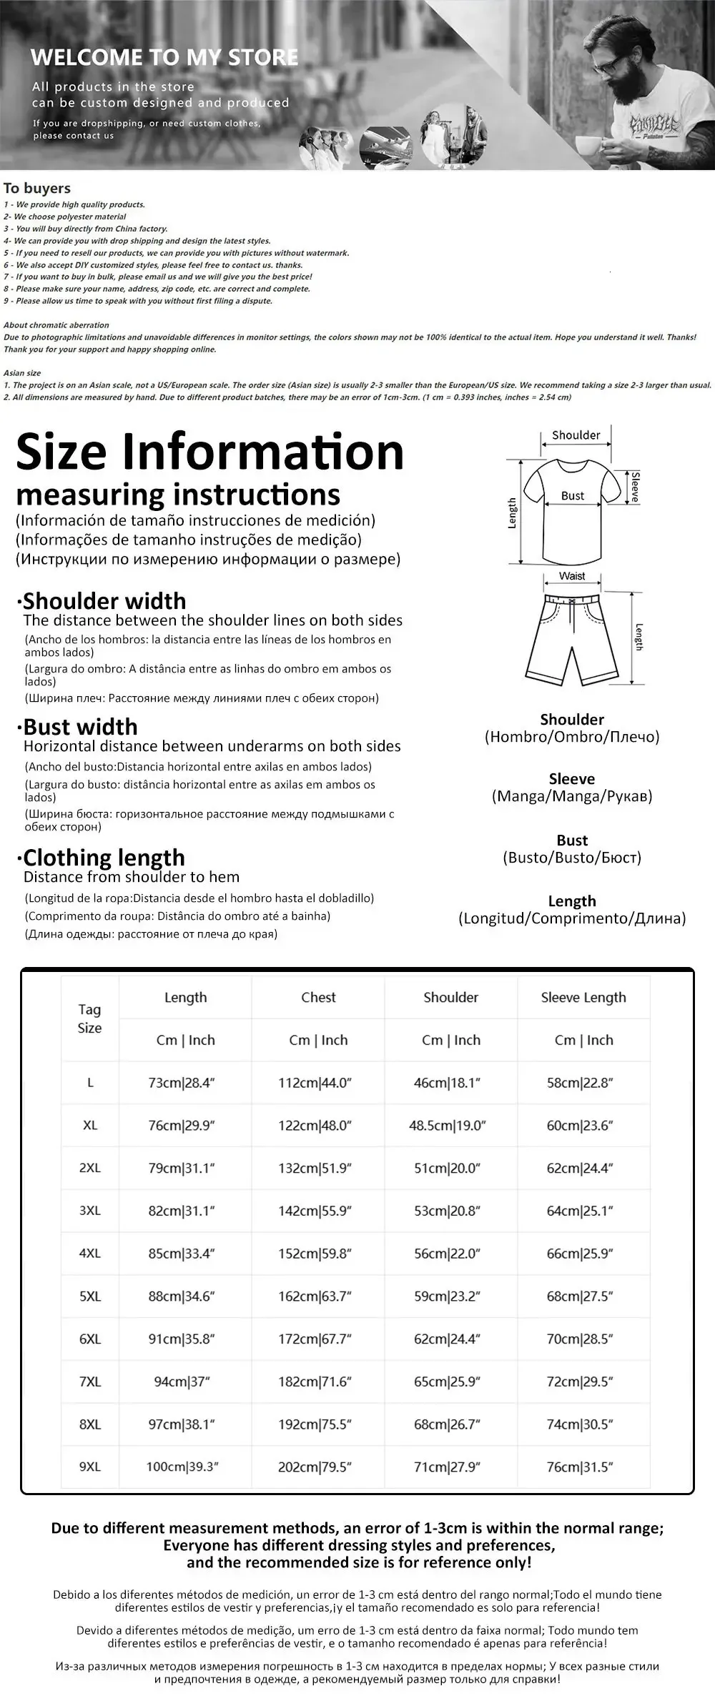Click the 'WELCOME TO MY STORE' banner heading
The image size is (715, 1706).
[164, 57]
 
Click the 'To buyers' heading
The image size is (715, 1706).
[37, 188]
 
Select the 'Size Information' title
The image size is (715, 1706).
[210, 452]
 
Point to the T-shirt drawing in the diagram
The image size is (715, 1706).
[572, 511]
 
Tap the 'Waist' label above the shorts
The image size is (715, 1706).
[572, 576]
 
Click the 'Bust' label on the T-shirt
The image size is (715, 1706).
[572, 495]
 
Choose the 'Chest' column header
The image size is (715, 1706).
[318, 997]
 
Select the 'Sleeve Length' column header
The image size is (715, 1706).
[583, 997]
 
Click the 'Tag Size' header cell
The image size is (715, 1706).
[89, 1018]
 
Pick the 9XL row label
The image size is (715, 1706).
[90, 1467]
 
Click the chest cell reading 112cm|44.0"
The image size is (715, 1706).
[315, 1083]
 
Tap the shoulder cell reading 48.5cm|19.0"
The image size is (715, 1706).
[448, 1126]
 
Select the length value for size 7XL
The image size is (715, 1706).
[182, 1382]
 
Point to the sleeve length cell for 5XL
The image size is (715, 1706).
[580, 1296]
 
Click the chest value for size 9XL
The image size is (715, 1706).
[315, 1467]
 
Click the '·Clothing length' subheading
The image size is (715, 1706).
[101, 857]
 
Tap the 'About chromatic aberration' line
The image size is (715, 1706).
[56, 324]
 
